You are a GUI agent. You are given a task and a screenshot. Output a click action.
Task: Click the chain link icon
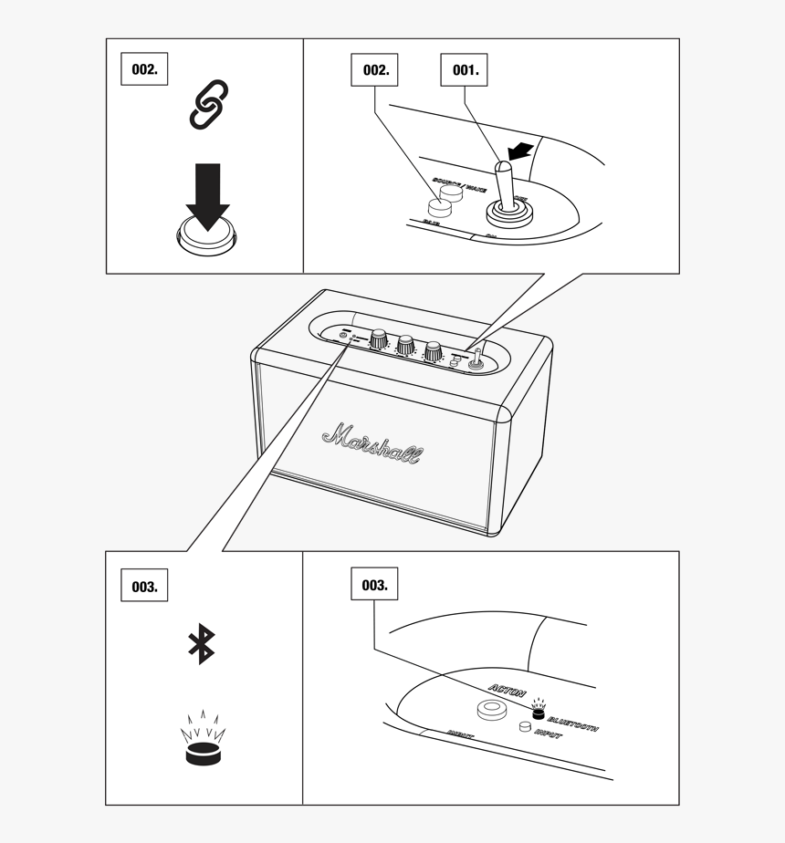tap(208, 103)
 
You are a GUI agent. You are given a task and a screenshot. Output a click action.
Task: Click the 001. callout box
tap(465, 69)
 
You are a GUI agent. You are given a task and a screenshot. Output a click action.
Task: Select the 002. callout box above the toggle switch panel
tap(375, 69)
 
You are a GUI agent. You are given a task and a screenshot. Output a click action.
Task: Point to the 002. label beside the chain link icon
tap(144, 69)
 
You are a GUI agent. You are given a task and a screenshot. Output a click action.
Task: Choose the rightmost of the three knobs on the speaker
tap(433, 350)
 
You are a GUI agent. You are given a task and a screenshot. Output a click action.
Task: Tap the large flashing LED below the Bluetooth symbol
tap(203, 753)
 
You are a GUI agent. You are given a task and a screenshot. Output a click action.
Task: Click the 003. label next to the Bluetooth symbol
tap(144, 586)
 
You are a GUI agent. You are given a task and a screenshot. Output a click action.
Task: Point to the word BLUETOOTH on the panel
tap(572, 723)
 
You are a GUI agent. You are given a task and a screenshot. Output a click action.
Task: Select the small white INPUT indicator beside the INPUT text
tap(525, 727)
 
